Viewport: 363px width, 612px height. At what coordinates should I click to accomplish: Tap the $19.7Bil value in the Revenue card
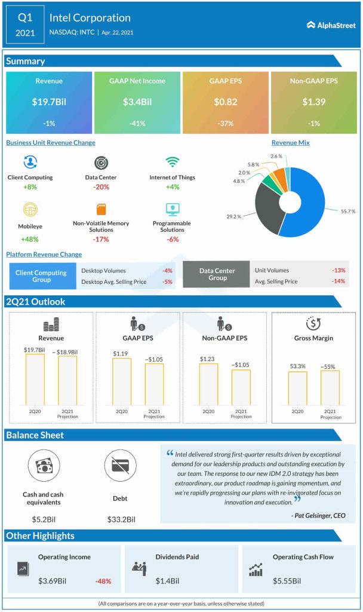49,102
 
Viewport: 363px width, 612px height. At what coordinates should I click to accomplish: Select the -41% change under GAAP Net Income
137,123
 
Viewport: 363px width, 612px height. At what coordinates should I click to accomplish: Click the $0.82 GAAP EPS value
226,102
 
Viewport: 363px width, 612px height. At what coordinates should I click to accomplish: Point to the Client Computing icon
30,163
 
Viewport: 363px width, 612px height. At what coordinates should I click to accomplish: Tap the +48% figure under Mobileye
30,238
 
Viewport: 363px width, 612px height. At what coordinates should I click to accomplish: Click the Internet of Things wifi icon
172,163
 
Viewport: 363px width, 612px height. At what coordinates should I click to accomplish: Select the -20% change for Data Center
101,186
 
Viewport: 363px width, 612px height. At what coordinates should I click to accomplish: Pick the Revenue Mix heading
290,143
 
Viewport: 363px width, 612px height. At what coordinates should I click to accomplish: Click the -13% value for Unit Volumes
338,270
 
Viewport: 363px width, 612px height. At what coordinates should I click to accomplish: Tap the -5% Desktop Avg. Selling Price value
168,281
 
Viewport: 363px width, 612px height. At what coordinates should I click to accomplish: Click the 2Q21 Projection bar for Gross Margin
330,388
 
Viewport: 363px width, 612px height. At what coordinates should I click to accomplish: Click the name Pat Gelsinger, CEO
318,515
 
